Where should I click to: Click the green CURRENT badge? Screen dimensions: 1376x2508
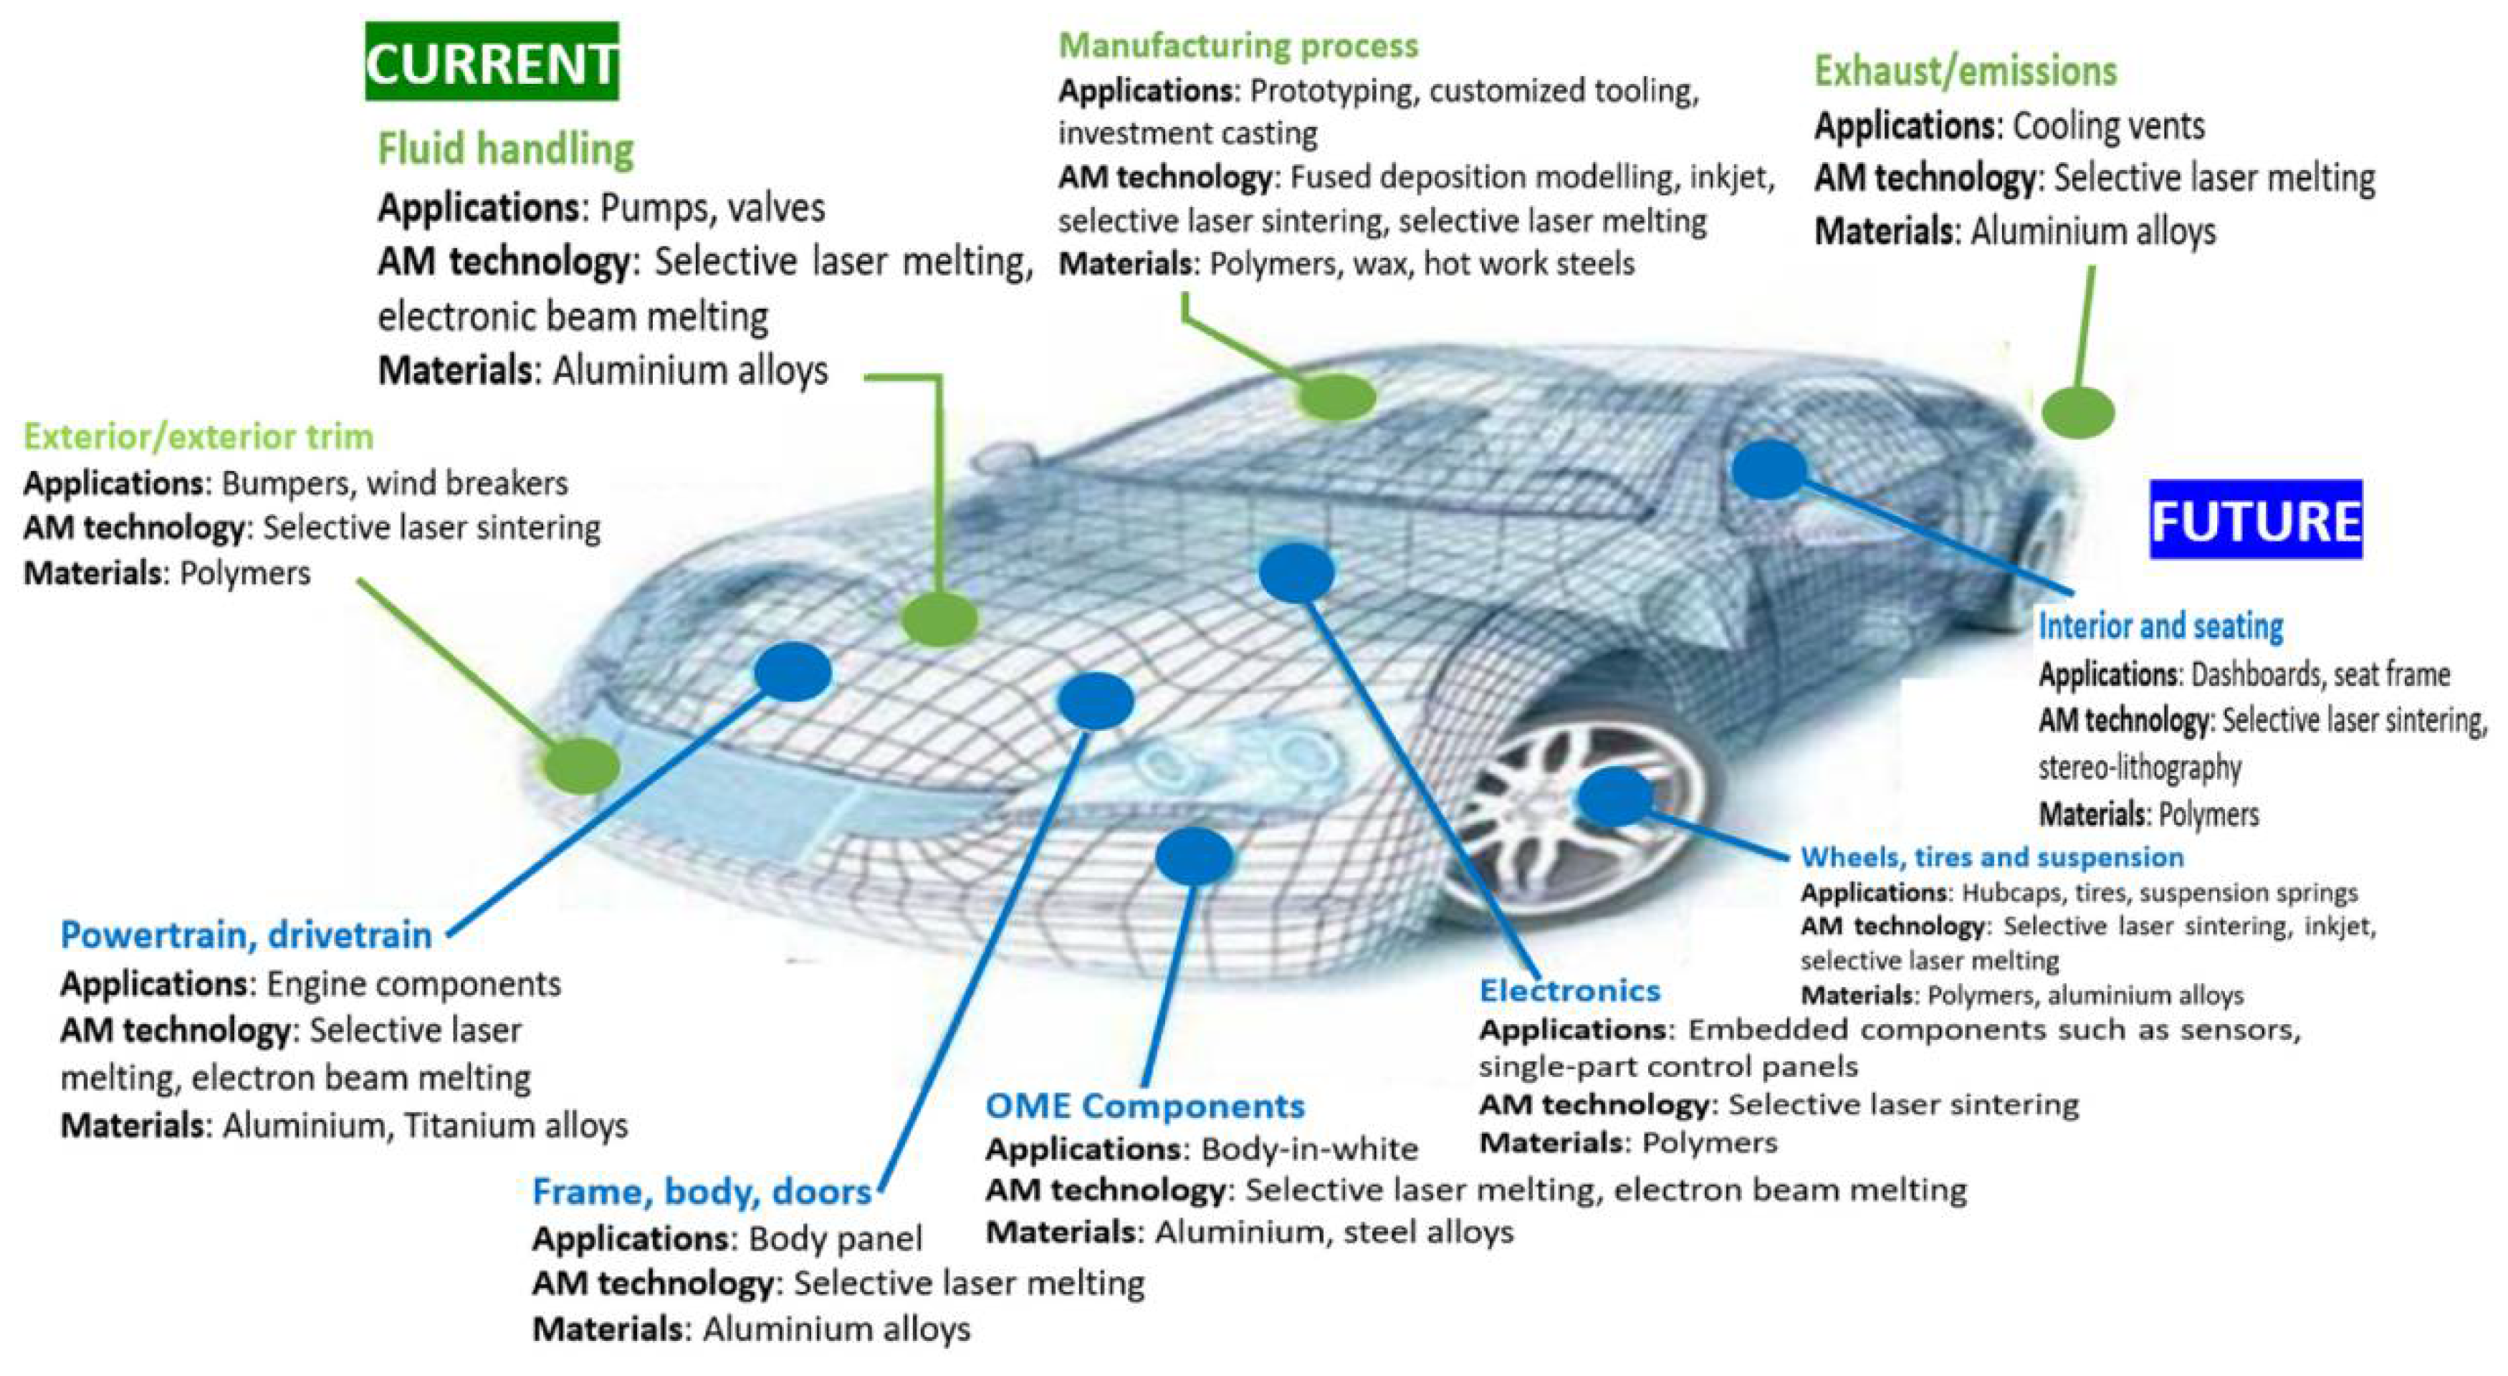point(492,62)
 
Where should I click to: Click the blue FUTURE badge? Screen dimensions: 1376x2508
point(2255,520)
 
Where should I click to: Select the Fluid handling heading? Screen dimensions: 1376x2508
point(505,150)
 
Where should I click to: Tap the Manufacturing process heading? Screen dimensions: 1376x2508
point(1238,46)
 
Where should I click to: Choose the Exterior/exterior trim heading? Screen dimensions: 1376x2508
point(198,437)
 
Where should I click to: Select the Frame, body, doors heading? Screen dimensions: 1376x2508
point(701,1192)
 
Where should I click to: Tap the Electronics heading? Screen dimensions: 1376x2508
point(1569,990)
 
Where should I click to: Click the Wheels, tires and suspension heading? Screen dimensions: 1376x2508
point(1991,857)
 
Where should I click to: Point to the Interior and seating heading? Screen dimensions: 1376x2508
point(2160,626)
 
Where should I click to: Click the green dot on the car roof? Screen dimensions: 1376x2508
point(1336,396)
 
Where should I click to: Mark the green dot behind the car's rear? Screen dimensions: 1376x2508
point(2077,410)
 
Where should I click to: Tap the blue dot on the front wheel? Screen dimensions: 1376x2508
point(1615,795)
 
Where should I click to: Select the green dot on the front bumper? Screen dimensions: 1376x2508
point(581,765)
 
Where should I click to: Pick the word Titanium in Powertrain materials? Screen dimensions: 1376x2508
point(466,1126)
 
